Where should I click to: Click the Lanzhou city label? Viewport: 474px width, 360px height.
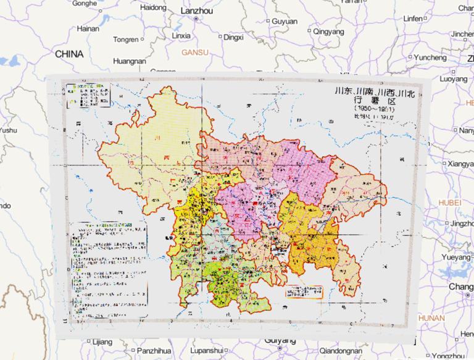coord(196,11)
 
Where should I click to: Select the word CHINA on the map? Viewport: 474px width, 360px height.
coord(69,54)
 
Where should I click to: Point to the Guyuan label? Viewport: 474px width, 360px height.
coord(284,21)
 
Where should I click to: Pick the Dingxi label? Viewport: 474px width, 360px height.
coord(233,37)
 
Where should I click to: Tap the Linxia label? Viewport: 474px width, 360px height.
coord(180,36)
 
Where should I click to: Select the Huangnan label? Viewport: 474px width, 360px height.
coord(130,61)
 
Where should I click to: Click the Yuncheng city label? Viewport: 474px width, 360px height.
coord(430,57)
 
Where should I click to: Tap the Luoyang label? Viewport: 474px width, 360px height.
coord(454,79)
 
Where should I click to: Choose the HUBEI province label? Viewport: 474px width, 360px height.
coord(450,203)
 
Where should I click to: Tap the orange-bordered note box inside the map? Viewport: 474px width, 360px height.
coord(304,291)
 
